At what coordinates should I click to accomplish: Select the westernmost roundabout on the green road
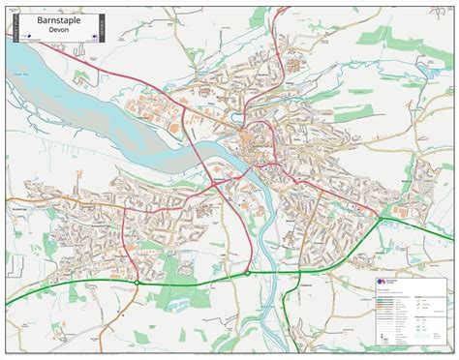point(138,282)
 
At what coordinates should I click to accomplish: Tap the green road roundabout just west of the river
point(248,273)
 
